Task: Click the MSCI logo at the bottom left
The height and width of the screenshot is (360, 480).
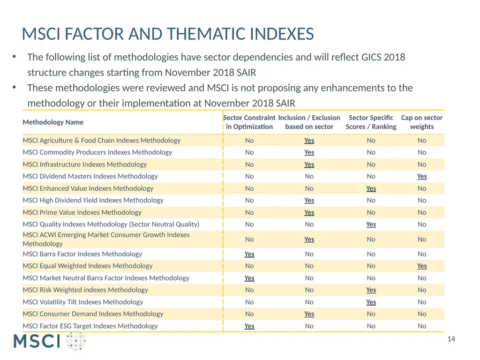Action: coord(49,341)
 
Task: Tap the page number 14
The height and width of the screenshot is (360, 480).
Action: coord(451,339)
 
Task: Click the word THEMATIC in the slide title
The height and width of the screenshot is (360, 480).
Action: coord(206,34)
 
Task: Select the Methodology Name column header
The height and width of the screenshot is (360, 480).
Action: coord(53,122)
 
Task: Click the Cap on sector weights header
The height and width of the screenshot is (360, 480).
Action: coord(421,122)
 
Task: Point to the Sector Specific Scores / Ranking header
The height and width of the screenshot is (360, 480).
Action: coord(371,122)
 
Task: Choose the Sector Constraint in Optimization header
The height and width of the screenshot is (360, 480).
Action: coord(249,122)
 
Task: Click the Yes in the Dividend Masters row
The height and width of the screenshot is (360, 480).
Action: coord(421,176)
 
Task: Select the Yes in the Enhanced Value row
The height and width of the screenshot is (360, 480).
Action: coord(371,188)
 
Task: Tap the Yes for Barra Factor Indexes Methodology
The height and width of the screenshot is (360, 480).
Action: coord(249,254)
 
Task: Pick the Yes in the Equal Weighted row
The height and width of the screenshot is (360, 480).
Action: coord(421,266)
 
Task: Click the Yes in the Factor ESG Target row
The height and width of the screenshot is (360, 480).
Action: coord(249,326)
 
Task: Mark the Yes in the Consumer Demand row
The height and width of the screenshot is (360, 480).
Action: coord(309,314)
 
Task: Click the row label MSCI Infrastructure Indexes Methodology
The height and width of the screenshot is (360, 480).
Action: coord(85,165)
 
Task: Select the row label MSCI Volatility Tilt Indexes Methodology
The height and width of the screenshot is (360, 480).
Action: coord(82,302)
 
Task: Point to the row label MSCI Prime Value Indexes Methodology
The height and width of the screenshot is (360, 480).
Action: coord(82,212)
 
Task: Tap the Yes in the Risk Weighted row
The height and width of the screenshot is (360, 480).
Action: coord(371,290)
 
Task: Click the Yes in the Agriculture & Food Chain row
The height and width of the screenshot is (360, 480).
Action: coord(309,141)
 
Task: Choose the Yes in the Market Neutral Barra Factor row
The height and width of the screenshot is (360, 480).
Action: coord(249,278)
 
